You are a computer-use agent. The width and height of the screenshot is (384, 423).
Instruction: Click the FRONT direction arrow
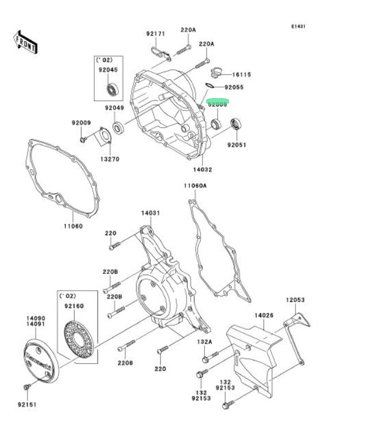(x=26, y=41)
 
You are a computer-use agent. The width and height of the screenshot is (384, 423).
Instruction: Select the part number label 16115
(x=242, y=75)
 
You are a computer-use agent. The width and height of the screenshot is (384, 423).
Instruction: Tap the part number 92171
(x=156, y=34)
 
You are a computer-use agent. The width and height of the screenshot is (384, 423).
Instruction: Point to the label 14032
(x=203, y=170)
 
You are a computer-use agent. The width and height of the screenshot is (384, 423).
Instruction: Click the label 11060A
(x=195, y=186)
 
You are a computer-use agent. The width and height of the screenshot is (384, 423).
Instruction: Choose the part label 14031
(x=150, y=213)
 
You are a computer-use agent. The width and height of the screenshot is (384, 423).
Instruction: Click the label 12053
(x=296, y=300)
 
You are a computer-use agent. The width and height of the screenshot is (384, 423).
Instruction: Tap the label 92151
(x=26, y=404)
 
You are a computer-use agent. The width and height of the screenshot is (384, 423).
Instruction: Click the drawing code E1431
(x=298, y=26)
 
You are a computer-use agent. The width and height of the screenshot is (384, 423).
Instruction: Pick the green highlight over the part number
(x=218, y=105)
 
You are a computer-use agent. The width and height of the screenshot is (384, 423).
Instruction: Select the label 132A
(x=205, y=342)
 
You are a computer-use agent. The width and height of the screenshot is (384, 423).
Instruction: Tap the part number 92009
(x=82, y=123)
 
